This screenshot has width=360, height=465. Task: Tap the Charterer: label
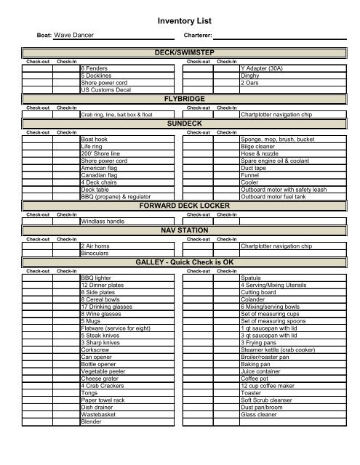[x=198, y=35]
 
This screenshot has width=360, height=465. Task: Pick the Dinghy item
[x=249, y=75]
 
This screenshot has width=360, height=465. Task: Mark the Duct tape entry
[x=252, y=167]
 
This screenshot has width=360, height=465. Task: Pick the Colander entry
[x=253, y=300]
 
